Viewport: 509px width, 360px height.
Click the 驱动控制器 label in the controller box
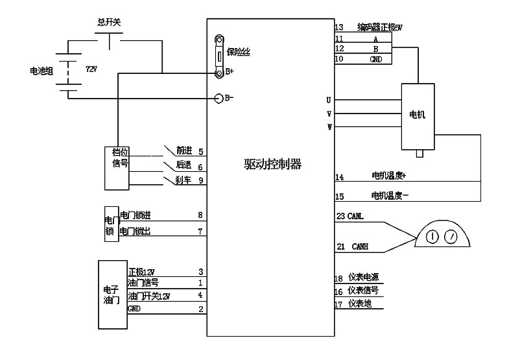[268, 165]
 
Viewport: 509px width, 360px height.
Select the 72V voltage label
[91, 68]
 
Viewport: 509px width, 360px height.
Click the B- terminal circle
[219, 99]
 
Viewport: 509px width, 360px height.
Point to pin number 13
[338, 27]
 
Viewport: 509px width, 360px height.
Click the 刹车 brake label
[183, 180]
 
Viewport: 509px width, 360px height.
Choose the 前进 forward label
[184, 151]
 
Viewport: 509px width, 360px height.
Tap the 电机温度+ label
[388, 176]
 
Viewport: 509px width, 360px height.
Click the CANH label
[360, 246]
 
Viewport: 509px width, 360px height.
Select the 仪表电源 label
[363, 277]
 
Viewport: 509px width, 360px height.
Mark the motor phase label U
[329, 101]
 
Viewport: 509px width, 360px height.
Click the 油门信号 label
[143, 282]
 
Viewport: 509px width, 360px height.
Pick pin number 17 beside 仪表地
[338, 304]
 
